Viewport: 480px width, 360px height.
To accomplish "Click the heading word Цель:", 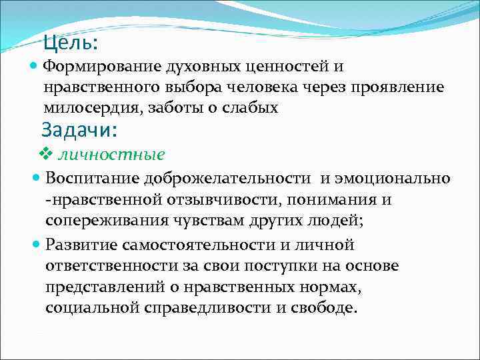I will click(x=70, y=43).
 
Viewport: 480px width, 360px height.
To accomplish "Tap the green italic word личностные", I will click(x=111, y=155).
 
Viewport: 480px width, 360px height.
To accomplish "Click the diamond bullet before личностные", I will click(x=45, y=155).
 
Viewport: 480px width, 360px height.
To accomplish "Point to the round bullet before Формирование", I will click(x=35, y=66).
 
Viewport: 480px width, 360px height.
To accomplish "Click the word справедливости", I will click(x=203, y=309).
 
